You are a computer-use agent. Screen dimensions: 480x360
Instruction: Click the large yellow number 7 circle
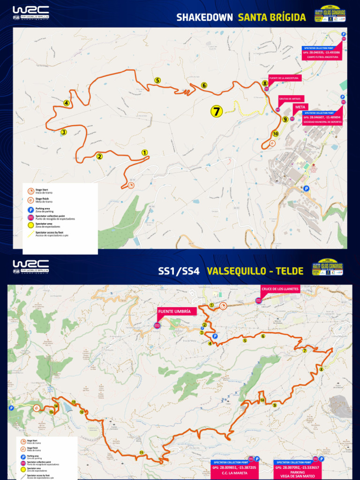tap(216, 111)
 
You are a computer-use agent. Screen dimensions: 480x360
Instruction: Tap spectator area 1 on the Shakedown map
tap(144, 152)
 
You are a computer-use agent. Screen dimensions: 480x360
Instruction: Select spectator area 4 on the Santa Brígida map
tap(67, 103)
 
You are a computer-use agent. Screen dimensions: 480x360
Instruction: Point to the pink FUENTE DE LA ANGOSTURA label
tap(284, 78)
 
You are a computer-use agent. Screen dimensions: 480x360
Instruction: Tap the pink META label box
tap(300, 107)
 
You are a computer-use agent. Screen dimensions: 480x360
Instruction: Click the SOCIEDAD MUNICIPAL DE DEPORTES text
tap(322, 122)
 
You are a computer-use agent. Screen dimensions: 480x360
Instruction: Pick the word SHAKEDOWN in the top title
tap(204, 18)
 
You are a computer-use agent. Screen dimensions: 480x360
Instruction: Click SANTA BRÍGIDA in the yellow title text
tap(272, 18)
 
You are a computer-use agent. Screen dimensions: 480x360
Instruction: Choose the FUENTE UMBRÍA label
tap(174, 311)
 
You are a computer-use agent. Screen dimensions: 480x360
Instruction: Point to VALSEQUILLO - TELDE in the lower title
tap(255, 271)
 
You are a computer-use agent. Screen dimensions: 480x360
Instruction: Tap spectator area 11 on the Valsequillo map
tap(141, 452)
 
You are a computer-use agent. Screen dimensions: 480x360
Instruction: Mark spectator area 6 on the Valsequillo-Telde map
tap(263, 336)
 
